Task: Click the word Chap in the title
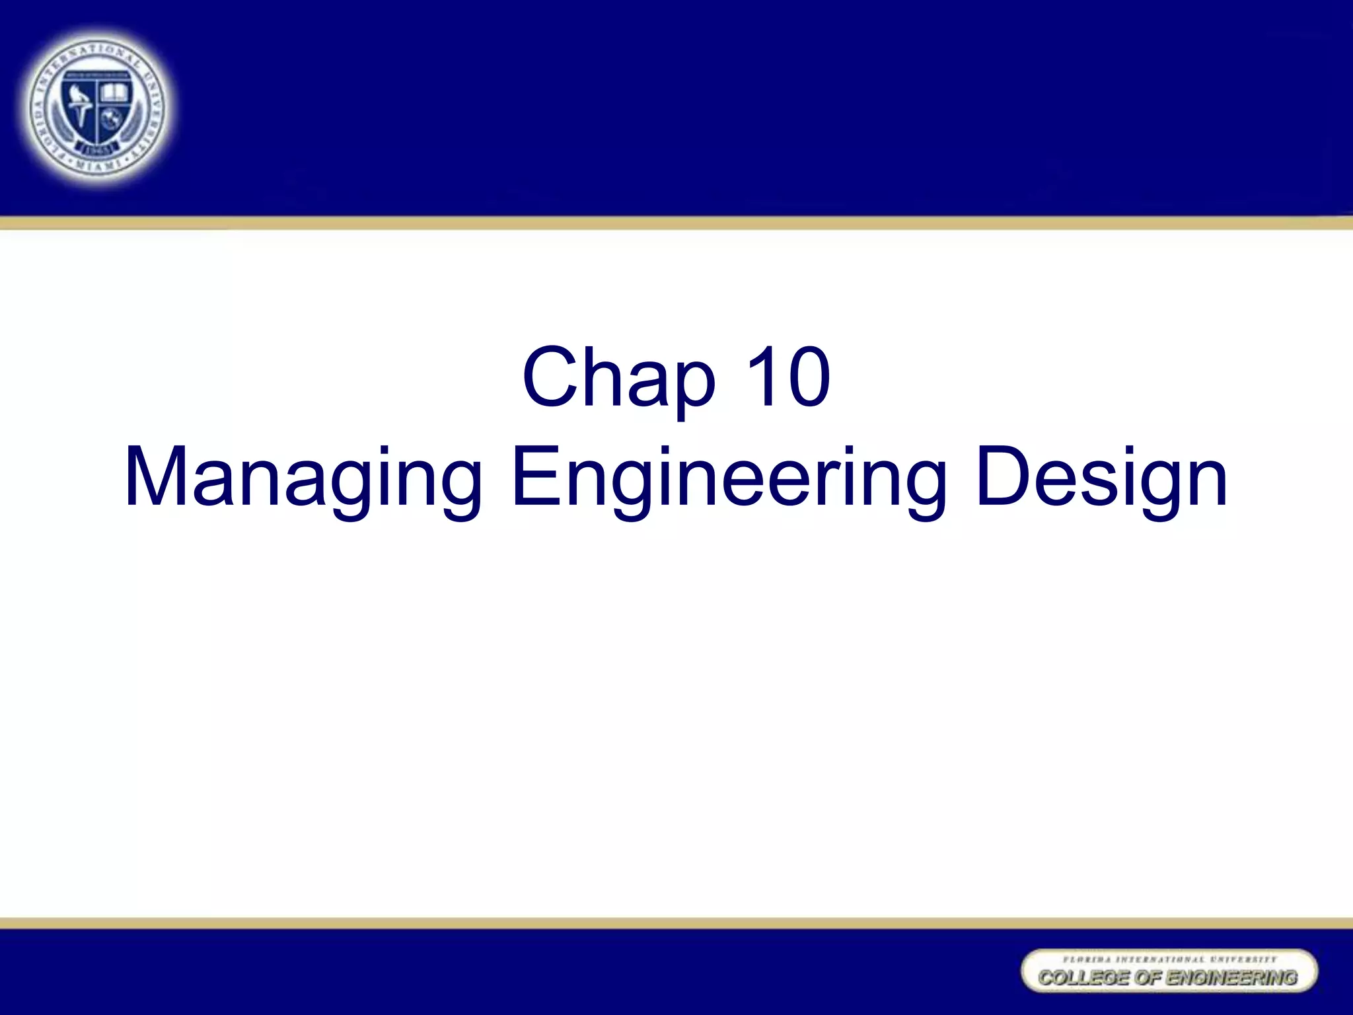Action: click(618, 378)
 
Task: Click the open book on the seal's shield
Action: click(114, 92)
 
